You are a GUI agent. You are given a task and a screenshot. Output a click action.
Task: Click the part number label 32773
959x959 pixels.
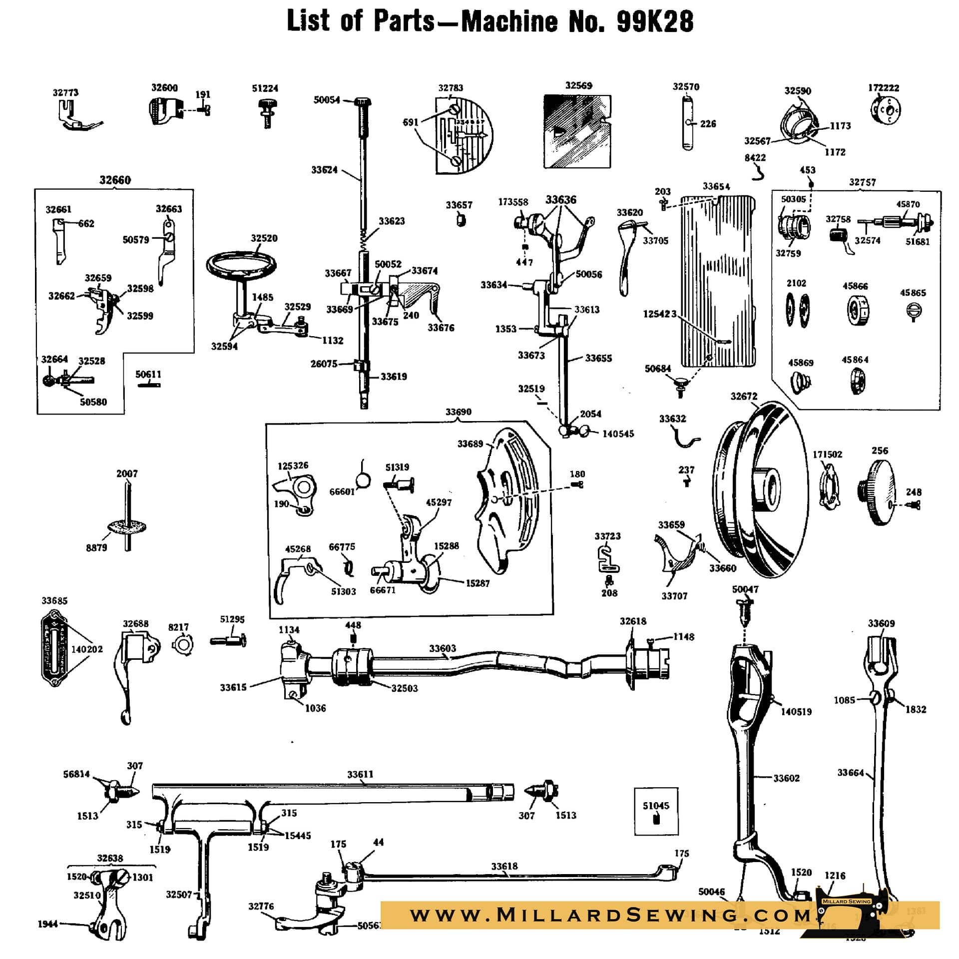tap(65, 92)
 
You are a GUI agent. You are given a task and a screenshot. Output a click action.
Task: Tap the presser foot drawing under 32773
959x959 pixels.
tap(77, 117)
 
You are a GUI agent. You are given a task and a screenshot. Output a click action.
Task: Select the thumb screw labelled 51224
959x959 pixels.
tap(267, 112)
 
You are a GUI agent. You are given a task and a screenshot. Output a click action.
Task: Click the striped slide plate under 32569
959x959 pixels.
tap(577, 131)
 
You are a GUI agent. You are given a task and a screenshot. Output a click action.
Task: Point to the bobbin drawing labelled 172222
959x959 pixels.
tap(885, 110)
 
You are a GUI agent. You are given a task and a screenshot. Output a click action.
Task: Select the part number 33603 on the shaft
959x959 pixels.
tap(443, 648)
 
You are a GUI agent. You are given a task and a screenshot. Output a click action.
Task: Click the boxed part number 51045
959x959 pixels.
tap(656, 806)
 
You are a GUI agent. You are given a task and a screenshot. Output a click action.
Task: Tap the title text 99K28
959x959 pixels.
tap(655, 21)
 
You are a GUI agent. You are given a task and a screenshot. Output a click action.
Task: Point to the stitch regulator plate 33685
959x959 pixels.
tap(54, 648)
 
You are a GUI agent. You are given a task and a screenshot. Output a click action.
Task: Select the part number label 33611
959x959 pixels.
tap(360, 774)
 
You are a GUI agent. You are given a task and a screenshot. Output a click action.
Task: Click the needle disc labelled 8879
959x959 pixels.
tap(127, 526)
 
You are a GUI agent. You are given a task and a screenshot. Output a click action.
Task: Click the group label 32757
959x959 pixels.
tap(862, 182)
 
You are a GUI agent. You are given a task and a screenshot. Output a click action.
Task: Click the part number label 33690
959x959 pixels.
tap(458, 412)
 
